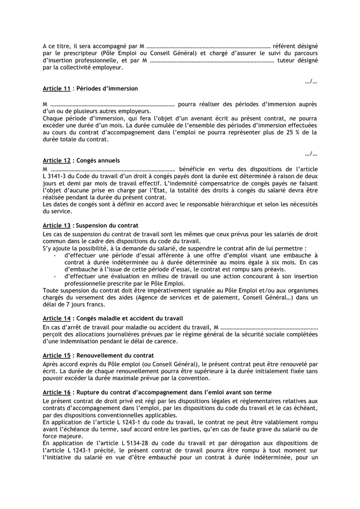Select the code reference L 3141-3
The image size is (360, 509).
[x=58, y=176]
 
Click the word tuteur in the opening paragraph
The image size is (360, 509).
[x=287, y=61]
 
